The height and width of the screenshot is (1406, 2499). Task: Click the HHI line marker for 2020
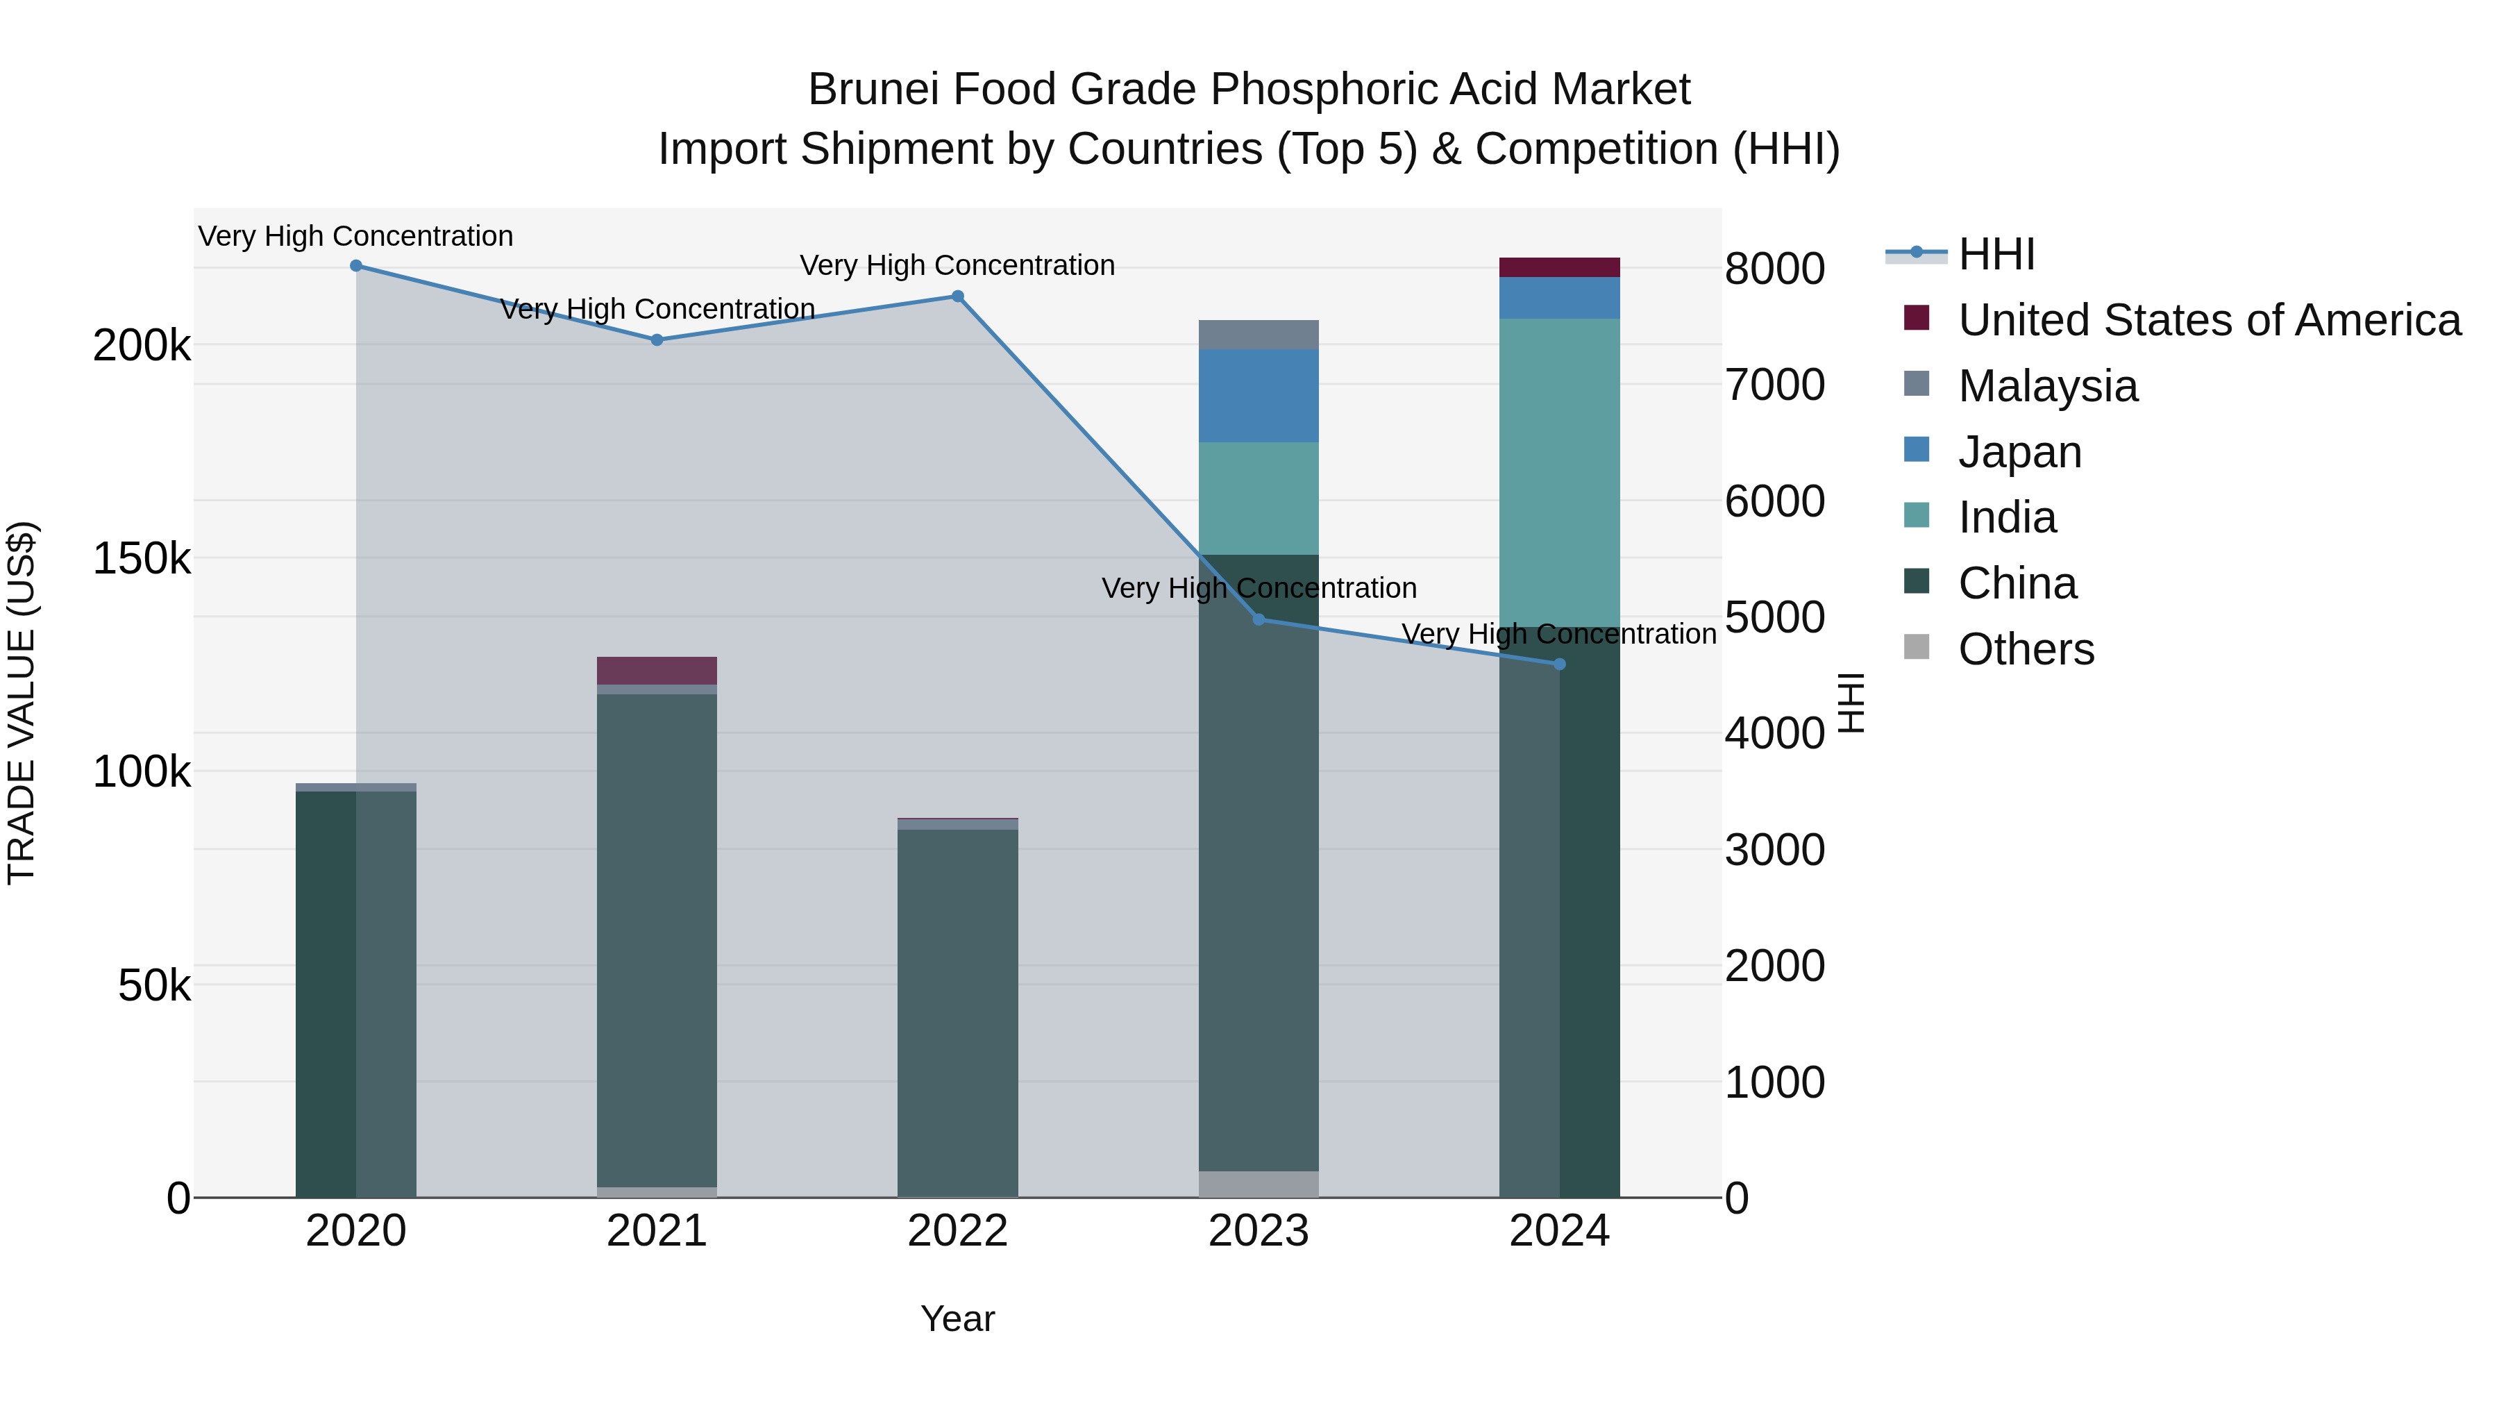(356, 266)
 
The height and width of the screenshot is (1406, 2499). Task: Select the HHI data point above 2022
(957, 297)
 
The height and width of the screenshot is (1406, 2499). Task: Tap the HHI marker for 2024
(1560, 664)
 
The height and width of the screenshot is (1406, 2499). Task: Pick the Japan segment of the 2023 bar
(1259, 396)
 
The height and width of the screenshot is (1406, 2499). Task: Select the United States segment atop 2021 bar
(657, 671)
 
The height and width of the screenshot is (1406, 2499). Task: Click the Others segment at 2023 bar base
(1259, 1184)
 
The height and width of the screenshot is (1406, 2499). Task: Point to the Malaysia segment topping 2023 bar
(1259, 335)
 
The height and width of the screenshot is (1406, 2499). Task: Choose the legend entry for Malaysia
(2047, 386)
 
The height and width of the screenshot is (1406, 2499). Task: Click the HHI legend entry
(1996, 254)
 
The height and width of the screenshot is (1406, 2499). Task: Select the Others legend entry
(2026, 649)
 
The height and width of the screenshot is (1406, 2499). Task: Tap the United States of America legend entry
(2208, 320)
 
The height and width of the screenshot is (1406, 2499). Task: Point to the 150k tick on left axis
(142, 560)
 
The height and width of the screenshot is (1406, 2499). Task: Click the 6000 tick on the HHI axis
(1774, 502)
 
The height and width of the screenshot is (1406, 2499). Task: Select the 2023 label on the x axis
(1259, 1231)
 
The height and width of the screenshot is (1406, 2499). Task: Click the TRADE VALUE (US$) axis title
(22, 703)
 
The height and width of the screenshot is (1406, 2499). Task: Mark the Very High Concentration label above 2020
(356, 237)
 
